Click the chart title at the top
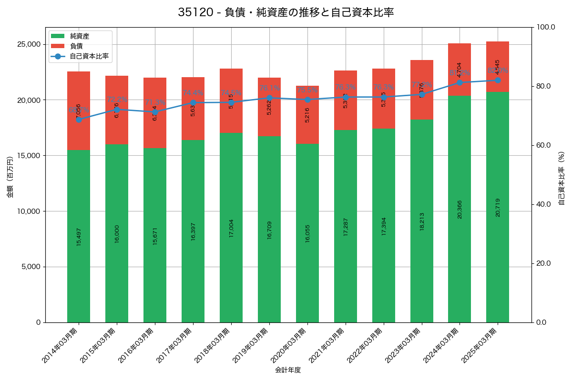coord(286,12)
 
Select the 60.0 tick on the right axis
coord(543,145)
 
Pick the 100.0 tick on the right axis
coord(545,27)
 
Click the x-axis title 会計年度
coord(288,370)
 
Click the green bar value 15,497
coord(79,236)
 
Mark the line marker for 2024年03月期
coord(460,82)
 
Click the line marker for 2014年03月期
coord(79,120)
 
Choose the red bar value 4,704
coord(460,70)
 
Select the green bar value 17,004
coord(231,228)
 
